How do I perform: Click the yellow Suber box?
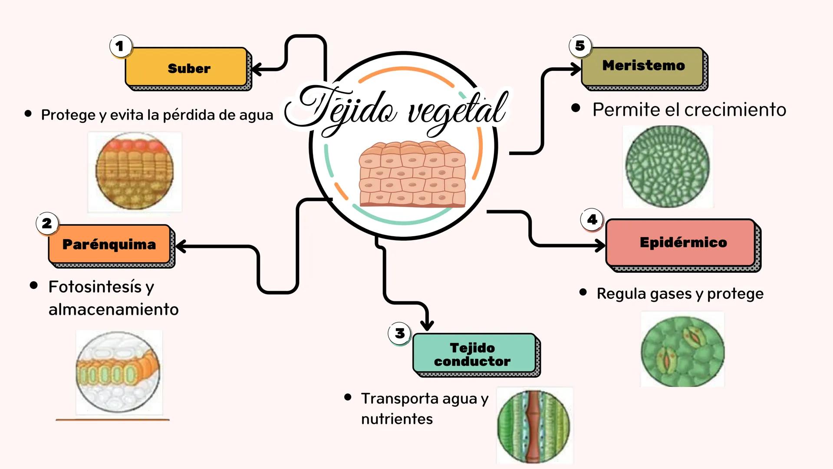187,67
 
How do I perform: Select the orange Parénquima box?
109,244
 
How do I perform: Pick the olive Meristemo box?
642,66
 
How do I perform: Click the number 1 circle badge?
120,46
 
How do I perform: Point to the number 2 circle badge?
47,223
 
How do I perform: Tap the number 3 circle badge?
399,334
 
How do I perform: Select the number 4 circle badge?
592,220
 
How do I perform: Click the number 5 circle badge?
580,46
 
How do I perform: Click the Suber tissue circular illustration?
135,172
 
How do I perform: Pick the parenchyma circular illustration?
118,372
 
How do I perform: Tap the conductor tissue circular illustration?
534,426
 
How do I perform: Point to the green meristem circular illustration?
668,166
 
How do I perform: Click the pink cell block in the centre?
412,174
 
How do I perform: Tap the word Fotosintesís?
95,287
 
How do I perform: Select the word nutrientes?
397,419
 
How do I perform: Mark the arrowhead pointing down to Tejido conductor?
427,325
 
